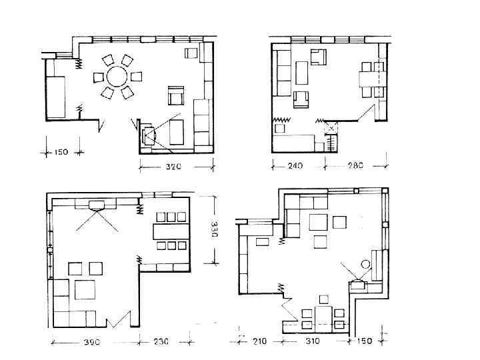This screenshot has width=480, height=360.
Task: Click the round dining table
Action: tap(117, 77)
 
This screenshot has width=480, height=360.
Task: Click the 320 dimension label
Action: tap(173, 167)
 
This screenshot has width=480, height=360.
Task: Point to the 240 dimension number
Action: tap(295, 165)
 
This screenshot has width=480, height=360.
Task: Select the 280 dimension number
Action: tap(355, 165)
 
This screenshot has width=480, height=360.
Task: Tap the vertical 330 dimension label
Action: tap(214, 229)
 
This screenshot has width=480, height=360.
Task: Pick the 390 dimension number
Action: tap(92, 341)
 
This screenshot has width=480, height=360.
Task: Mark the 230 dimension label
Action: tap(161, 341)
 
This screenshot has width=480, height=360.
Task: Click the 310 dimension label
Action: tap(312, 341)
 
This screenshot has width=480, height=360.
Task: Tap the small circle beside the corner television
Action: tap(365, 264)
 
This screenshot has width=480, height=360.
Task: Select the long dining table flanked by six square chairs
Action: tap(170, 231)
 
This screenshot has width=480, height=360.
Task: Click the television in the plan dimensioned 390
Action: tap(97, 205)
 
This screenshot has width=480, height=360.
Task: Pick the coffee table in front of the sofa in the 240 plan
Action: tap(302, 73)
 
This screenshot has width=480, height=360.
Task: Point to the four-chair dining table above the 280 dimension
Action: tap(371, 79)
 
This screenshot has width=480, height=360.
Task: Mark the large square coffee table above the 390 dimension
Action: tap(85, 289)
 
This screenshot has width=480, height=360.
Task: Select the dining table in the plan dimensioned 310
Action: tap(324, 319)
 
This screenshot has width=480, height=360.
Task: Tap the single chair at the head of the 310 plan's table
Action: tap(323, 299)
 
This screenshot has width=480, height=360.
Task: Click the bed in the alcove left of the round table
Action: tap(55, 97)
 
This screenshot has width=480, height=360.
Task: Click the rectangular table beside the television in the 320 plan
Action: tap(177, 132)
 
